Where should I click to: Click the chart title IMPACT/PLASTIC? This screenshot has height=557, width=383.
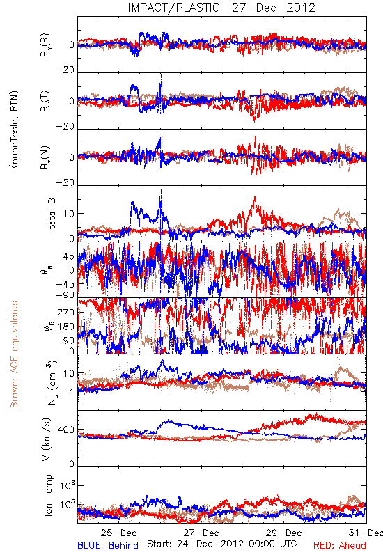(173, 8)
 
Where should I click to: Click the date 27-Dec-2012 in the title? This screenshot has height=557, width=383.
(274, 8)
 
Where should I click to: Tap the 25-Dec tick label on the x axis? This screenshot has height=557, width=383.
(118, 533)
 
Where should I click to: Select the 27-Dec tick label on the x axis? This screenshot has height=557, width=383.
(201, 533)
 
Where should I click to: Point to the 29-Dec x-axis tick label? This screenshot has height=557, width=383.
(284, 533)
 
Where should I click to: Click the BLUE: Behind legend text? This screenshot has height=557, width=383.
(108, 545)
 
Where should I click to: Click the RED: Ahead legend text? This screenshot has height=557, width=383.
(339, 545)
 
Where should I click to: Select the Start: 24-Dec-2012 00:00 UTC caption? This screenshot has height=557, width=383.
(222, 544)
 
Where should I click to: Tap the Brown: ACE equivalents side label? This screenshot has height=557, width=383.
(14, 354)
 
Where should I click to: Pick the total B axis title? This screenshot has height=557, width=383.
(51, 213)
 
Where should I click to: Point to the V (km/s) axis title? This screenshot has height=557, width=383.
(47, 439)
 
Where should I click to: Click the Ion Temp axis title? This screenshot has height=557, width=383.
(48, 495)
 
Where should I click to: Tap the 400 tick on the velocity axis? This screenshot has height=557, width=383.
(65, 430)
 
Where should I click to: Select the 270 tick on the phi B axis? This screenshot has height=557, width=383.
(66, 312)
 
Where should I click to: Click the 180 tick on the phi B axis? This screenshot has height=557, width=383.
(66, 327)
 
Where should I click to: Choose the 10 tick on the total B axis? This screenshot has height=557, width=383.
(69, 214)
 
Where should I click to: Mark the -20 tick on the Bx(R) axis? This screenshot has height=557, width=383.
(65, 70)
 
